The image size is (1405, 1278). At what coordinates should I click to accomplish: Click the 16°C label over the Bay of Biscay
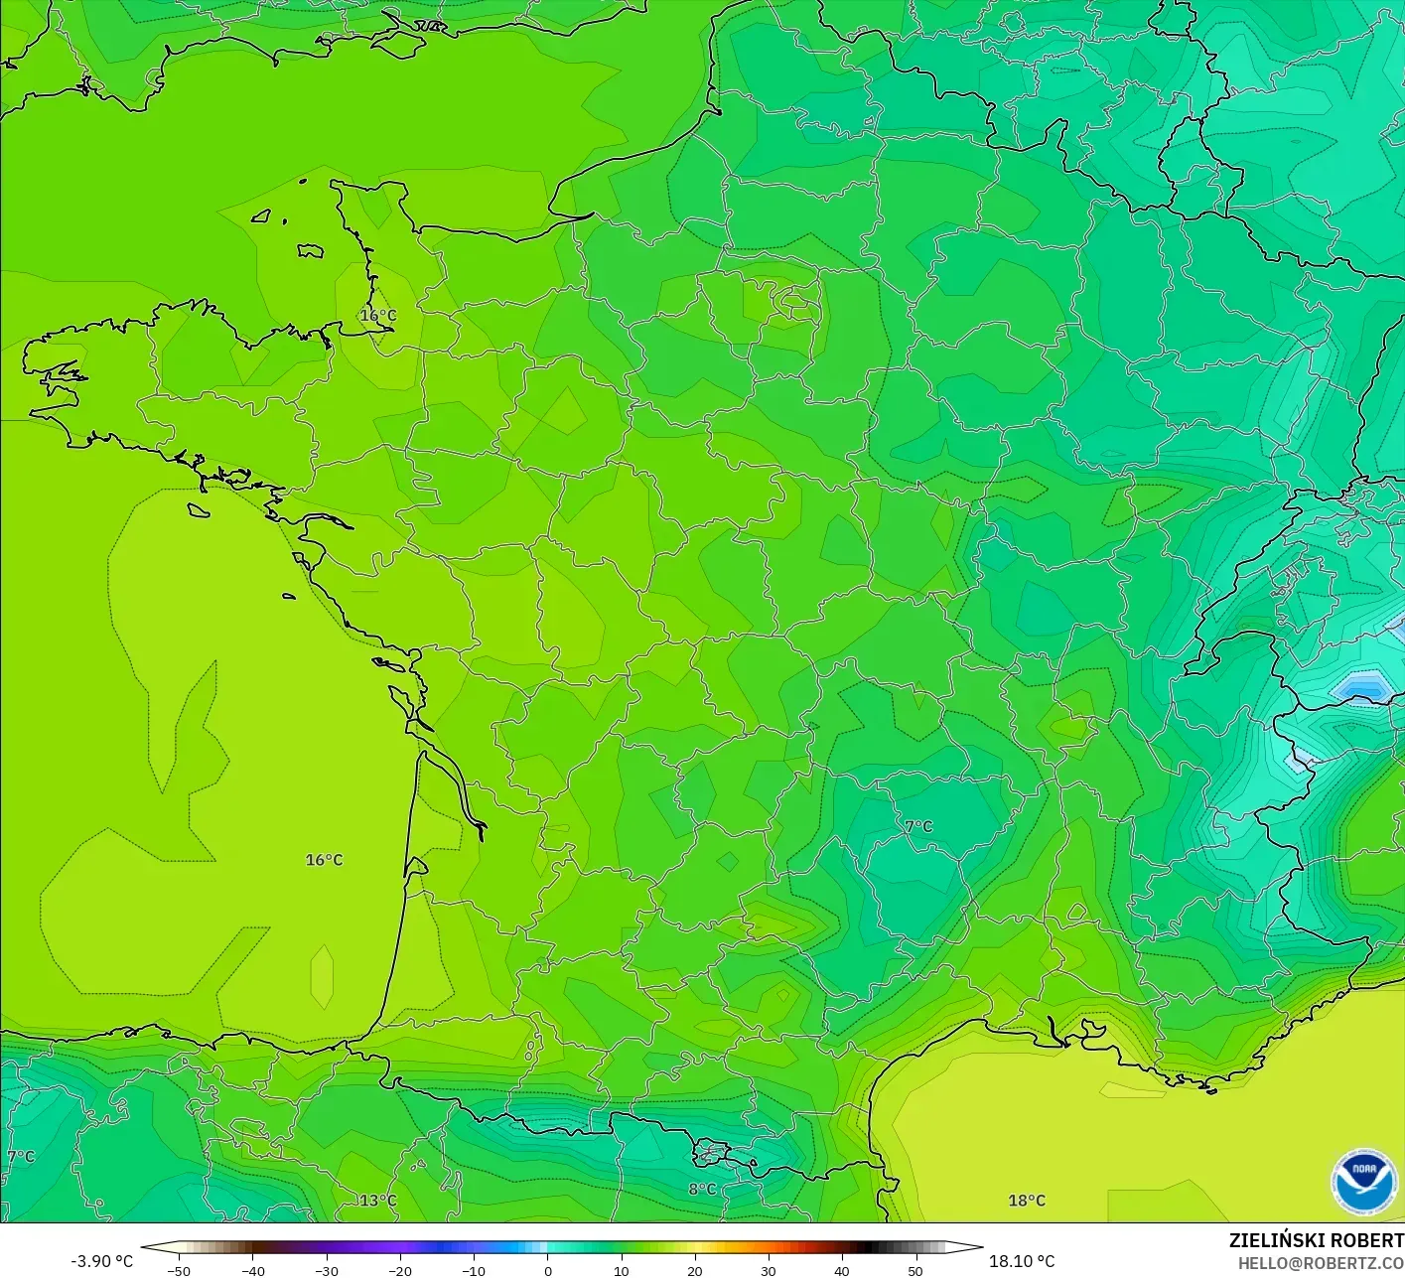tap(324, 860)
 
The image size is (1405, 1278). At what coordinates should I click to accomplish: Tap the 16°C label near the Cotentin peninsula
tap(377, 316)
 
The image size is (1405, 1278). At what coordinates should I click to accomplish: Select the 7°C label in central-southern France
tap(918, 826)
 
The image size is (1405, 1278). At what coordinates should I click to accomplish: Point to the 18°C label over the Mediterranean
tap(1027, 1201)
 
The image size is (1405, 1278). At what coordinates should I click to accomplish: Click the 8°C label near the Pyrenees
tap(702, 1190)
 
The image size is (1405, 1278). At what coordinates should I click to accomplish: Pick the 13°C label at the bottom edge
tap(377, 1201)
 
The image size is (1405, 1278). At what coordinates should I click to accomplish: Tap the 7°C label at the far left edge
tap(20, 1157)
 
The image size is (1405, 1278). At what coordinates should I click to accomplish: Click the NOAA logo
tap(1363, 1182)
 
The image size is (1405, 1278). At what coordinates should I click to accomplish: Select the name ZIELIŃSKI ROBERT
tap(1316, 1240)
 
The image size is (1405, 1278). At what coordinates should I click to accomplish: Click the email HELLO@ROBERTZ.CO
tap(1321, 1263)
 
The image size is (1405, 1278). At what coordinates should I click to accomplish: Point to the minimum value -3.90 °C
tap(101, 1261)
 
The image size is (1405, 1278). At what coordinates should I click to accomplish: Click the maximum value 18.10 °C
tap(1022, 1261)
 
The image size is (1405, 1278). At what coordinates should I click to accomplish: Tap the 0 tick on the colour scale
tap(548, 1271)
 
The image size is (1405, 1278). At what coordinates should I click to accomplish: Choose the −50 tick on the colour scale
tap(179, 1271)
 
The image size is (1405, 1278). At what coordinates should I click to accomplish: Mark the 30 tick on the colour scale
tap(768, 1271)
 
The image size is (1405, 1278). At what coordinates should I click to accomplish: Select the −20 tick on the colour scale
tap(399, 1271)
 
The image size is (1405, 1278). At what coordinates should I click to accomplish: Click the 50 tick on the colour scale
tap(914, 1271)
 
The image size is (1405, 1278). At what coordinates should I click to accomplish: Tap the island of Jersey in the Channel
tap(310, 251)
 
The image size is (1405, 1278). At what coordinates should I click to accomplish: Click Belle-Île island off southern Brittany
tap(199, 510)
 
